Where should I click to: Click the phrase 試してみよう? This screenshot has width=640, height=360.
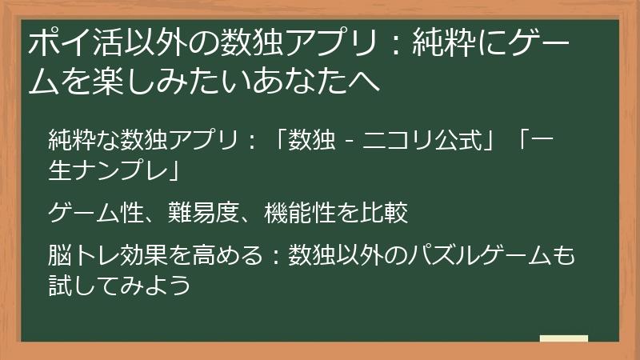click(x=120, y=285)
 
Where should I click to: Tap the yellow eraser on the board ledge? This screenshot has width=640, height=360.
click(x=563, y=339)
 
